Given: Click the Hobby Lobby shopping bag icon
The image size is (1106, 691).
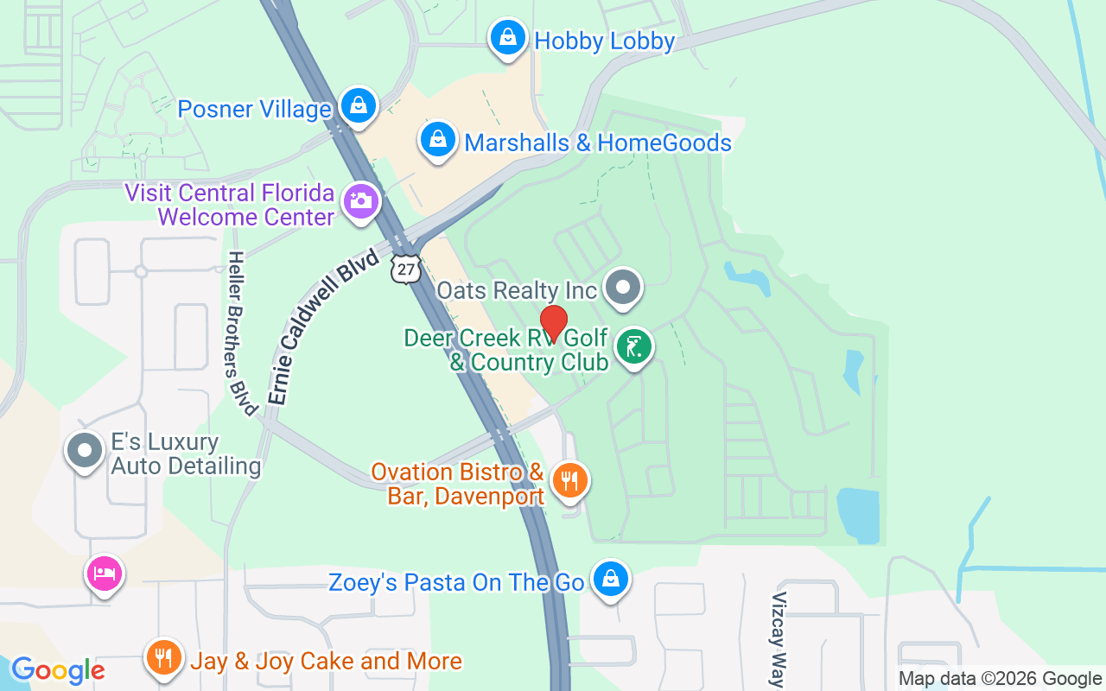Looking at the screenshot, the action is tap(508, 38).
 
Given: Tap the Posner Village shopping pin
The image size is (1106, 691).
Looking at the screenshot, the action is tap(358, 105).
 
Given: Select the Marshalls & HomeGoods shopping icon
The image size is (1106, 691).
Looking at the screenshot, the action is tap(438, 139).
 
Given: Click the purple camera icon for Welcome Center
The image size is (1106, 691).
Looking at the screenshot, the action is tap(361, 202).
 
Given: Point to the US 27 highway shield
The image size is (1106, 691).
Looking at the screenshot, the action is tap(405, 269).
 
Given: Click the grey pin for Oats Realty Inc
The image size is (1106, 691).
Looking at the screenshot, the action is tap(622, 287).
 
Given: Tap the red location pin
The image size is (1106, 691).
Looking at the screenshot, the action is tap(553, 323).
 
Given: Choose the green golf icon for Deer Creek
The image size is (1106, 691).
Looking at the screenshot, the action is tap(634, 347).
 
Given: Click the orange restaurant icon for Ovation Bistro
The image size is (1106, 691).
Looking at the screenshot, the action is tap(569, 480).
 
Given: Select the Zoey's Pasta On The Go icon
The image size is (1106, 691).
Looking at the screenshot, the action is tap(611, 579).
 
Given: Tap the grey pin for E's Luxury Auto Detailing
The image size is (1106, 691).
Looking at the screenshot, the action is tap(86, 451).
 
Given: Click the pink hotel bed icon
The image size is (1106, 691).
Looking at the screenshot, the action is tap(104, 572).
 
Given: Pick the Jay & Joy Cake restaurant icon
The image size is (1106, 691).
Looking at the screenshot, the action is tap(162, 658).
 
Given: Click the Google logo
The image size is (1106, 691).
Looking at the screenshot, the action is tap(58, 670).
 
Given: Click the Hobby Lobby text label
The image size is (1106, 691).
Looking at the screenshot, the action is tap(604, 41).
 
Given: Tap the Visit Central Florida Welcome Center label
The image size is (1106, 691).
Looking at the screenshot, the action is tap(230, 205).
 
